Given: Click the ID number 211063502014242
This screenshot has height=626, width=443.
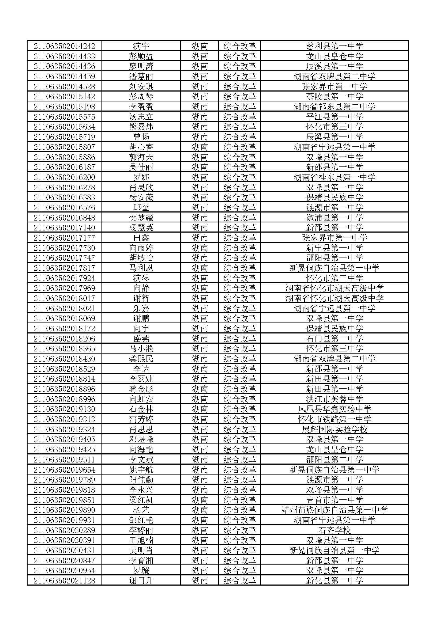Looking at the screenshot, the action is tap(64, 46).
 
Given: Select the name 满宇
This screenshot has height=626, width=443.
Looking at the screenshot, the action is tap(141, 46).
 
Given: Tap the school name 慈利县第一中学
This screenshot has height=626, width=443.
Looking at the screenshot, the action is tap(335, 46).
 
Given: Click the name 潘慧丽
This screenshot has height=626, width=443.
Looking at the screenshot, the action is tap(141, 76).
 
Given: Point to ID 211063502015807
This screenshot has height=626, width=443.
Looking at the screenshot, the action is tap(64, 147).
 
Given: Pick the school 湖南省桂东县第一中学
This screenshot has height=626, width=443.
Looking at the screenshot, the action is tap(335, 177).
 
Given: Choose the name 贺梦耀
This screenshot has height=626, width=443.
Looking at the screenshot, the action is tap(141, 218).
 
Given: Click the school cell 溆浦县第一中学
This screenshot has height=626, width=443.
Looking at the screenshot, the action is tap(335, 218).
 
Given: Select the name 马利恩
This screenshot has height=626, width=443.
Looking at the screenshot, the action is tap(141, 268).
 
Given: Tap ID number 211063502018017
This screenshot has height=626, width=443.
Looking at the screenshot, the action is tap(64, 298).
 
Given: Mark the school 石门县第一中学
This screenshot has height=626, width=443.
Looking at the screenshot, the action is tap(335, 338).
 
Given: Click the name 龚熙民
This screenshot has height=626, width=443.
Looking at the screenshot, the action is tap(141, 359).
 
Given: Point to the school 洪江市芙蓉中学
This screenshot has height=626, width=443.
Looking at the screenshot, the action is tap(335, 399).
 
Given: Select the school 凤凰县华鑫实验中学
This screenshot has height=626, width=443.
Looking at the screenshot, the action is tap(335, 409).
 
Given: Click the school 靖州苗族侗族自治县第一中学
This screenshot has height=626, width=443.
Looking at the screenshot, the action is tap(335, 510).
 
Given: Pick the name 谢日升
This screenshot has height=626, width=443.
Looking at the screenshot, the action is tap(141, 581).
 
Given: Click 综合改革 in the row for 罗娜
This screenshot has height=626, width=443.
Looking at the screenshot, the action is tap(240, 177).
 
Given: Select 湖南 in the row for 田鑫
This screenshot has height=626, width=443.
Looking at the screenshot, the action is tap(200, 238).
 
